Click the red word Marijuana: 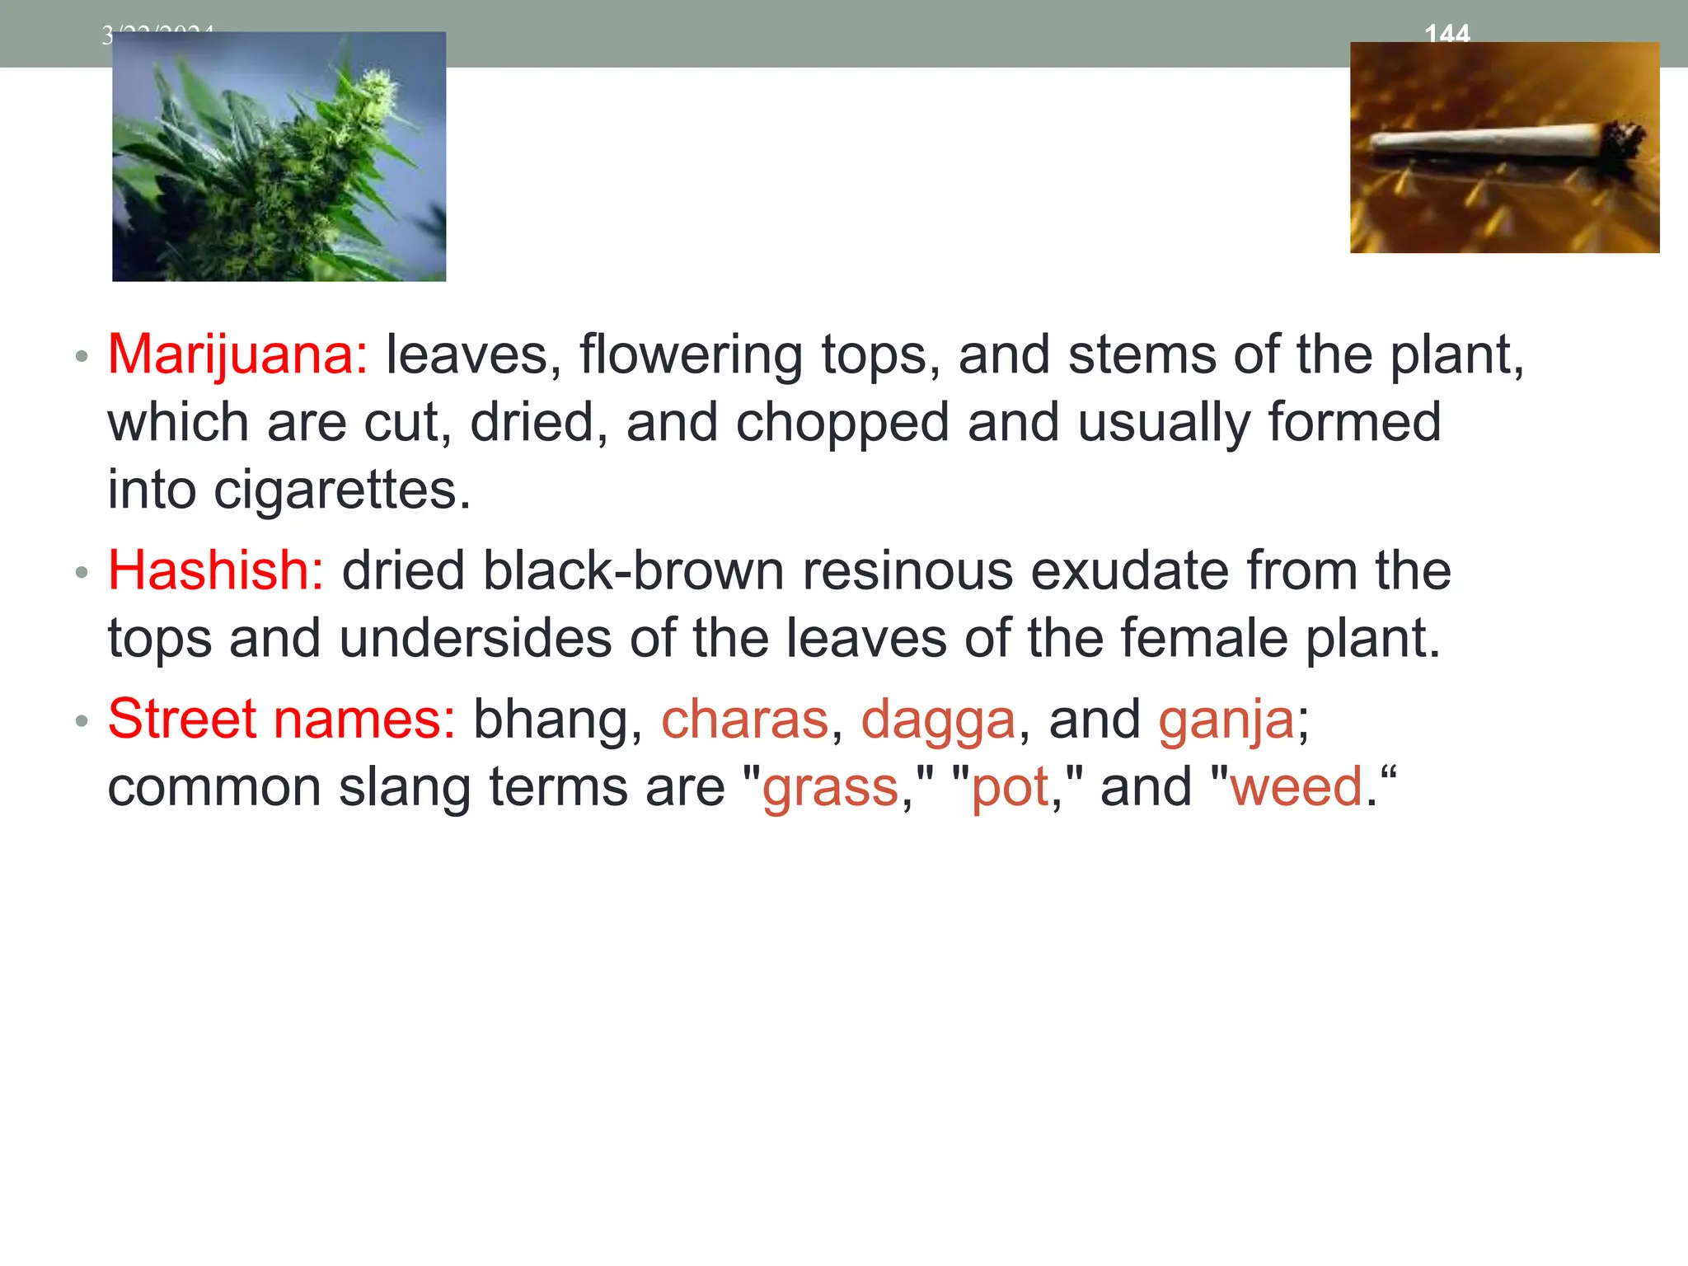[237, 355]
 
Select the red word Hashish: [216, 570]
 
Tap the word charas [744, 719]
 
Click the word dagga [938, 720]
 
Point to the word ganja [1226, 720]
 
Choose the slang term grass [830, 788]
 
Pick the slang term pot [1010, 788]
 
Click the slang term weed [1296, 786]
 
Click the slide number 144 [1447, 33]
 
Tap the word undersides [476, 638]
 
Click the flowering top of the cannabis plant [375, 91]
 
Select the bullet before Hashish [81, 572]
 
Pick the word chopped [842, 423]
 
